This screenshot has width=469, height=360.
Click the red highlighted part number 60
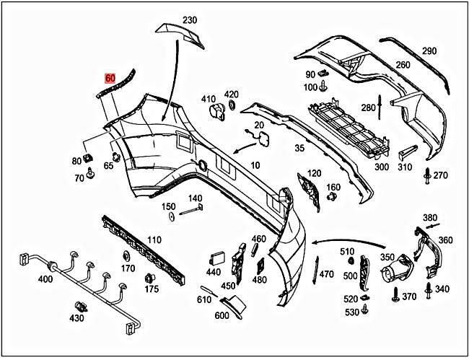pos(110,78)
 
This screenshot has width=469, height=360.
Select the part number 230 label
pos(189,19)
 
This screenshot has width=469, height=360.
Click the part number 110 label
pos(154,240)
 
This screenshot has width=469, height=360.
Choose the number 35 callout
pos(299,149)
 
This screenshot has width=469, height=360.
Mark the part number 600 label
pos(221,315)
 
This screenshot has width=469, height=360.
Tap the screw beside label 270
pos(428,175)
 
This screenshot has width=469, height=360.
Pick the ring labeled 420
pos(232,107)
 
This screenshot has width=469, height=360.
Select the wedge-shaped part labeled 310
pos(406,152)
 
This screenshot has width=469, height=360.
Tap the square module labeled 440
pos(216,258)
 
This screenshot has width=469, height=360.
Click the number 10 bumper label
pos(255,165)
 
